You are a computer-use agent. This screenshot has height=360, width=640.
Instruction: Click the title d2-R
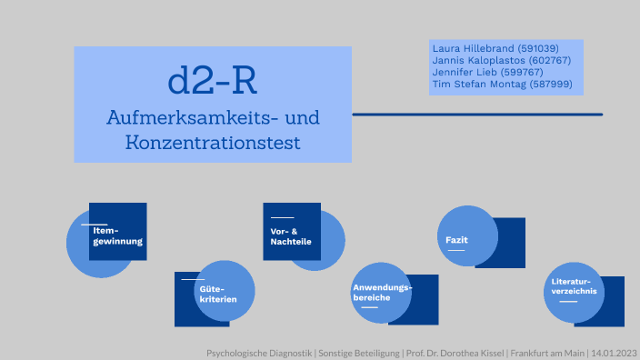coord(213,81)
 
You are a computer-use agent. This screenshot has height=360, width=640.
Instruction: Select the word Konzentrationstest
coord(213,143)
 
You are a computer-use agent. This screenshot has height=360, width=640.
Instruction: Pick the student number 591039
coord(536,48)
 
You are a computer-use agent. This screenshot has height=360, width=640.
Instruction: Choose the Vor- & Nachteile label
coord(290,236)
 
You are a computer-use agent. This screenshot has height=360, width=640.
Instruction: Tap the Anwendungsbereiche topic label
coord(382,293)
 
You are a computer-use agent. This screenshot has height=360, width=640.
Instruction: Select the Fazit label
coord(456,239)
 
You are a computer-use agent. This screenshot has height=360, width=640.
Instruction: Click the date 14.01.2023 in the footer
coord(615,352)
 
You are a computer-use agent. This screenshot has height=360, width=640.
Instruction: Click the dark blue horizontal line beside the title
coord(476,115)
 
